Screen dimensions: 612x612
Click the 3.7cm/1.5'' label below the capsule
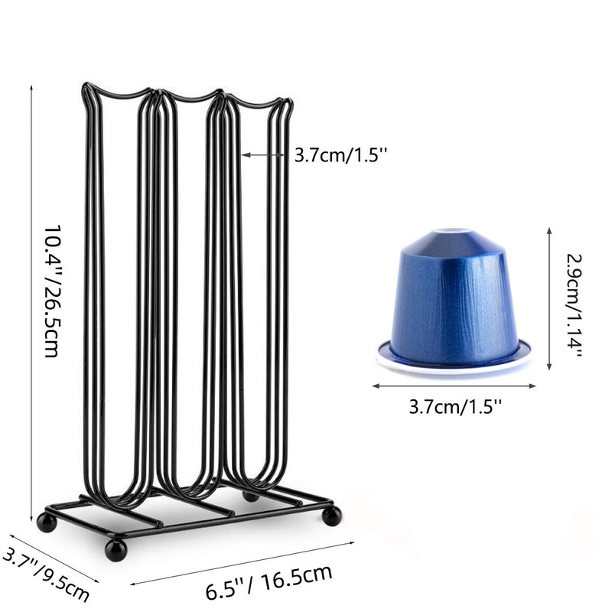coord(455,405)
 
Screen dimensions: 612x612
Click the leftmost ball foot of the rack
coord(47,522)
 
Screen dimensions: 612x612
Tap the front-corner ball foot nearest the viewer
coord(116,549)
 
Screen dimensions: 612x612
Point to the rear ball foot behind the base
coord(250,496)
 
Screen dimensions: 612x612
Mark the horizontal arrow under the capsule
coord(454,386)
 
